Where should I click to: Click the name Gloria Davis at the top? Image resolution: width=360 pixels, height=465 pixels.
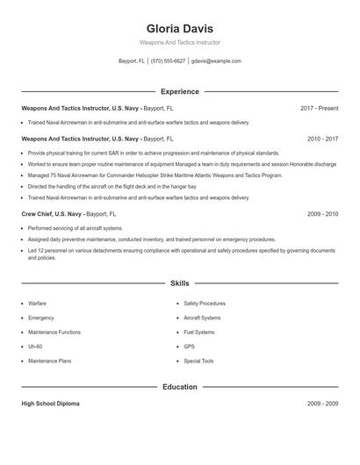pos(179,28)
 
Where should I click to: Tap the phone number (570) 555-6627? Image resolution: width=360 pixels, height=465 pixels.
pos(168,61)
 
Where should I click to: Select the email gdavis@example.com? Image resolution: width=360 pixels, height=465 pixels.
pos(216,61)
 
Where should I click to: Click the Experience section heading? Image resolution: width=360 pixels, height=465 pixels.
pos(179,91)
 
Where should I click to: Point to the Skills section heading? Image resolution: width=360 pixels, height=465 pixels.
pos(179,283)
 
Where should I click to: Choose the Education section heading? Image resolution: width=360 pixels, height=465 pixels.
pos(179,386)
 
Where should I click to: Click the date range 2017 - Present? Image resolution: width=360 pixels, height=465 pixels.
pos(319,108)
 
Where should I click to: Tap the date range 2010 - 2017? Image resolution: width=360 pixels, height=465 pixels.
pos(322,139)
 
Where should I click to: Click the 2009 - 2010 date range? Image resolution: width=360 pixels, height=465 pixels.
pos(322,213)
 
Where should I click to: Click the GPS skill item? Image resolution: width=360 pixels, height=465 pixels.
pos(190,347)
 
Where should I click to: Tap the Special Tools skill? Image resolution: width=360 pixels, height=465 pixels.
pos(198,361)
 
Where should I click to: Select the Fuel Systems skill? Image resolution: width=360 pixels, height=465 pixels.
pos(198,333)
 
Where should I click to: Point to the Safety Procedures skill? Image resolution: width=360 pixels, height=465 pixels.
pos(204,304)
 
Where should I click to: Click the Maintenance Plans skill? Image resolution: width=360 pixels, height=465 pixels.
pos(51,361)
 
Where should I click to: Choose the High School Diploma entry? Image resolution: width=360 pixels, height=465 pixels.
pos(50,404)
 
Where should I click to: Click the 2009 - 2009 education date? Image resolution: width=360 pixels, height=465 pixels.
pos(322,404)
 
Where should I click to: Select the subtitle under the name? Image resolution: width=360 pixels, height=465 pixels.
pos(179,42)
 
